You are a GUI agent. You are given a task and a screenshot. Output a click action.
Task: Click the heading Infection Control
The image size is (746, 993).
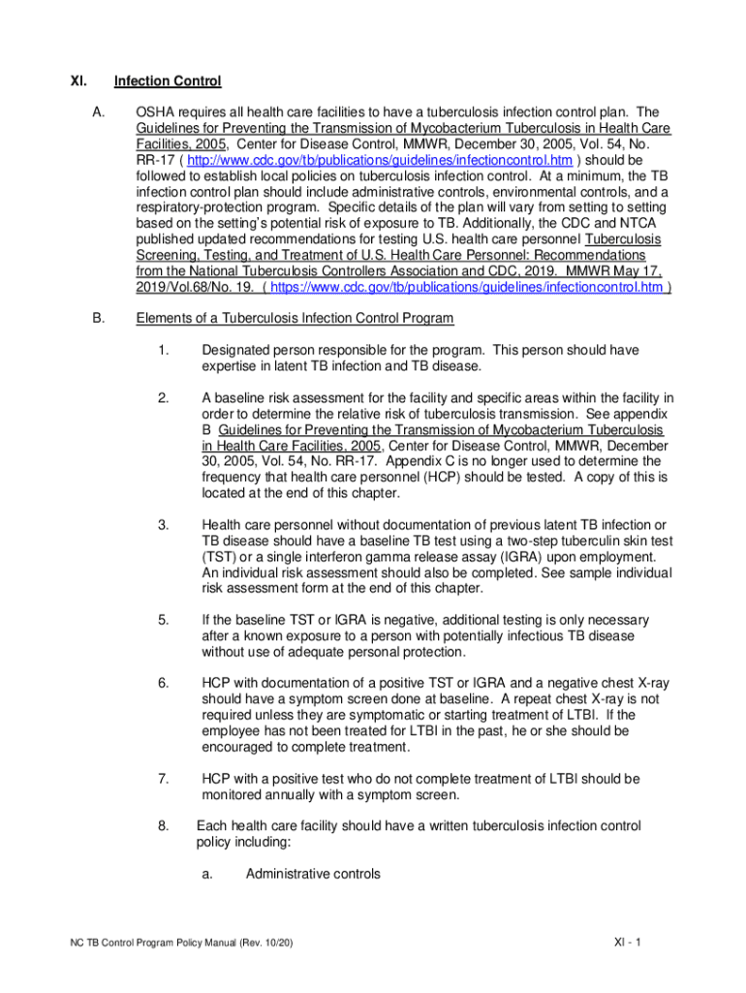tap(168, 81)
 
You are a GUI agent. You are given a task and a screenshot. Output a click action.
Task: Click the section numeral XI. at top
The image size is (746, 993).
tap(78, 81)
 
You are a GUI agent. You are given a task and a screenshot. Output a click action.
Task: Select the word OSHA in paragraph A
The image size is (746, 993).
tap(156, 112)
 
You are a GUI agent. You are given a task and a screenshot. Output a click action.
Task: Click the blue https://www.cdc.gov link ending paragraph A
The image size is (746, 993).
tap(466, 287)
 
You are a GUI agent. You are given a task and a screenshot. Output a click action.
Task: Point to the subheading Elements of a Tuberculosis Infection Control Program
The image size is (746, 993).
tap(295, 318)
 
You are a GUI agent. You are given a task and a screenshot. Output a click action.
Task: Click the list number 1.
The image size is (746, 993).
tap(163, 350)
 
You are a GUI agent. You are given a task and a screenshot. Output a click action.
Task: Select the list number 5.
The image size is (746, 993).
tap(163, 620)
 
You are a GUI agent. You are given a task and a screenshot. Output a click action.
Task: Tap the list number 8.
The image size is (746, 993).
tap(163, 826)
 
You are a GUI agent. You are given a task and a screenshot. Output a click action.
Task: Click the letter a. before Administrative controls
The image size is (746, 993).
tap(207, 874)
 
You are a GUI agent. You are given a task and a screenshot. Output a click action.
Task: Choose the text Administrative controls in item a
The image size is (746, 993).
tap(313, 874)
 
